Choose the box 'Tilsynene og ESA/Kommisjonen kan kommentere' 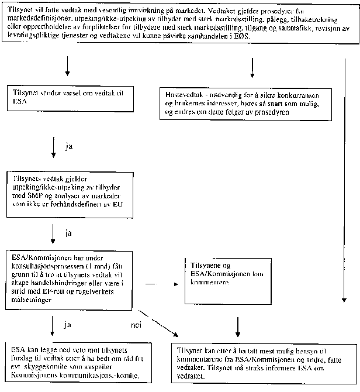(x=227, y=280)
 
